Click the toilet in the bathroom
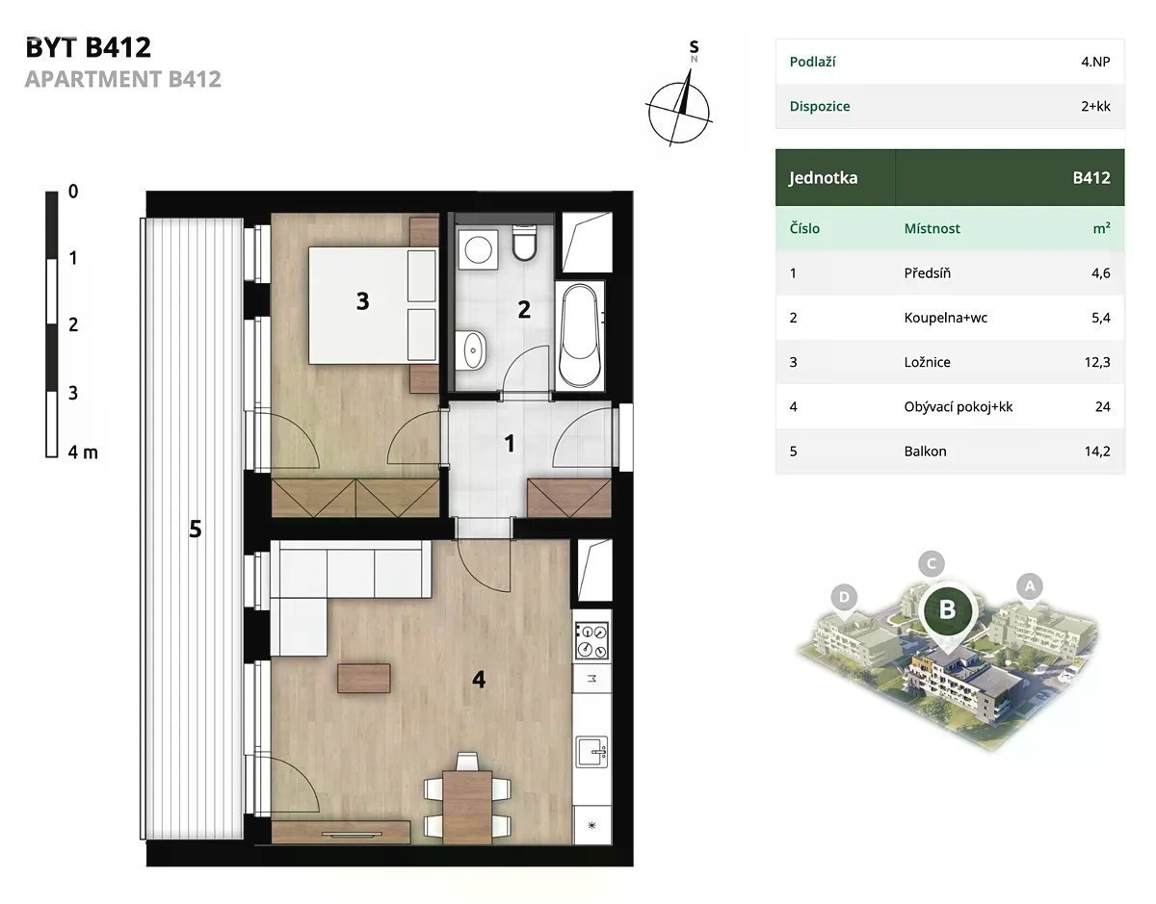(525, 243)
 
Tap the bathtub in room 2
(580, 335)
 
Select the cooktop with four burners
(591, 641)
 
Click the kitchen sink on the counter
(591, 752)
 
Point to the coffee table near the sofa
(364, 678)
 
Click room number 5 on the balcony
(196, 529)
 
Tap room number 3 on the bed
(363, 301)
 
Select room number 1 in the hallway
(510, 443)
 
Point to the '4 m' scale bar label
(83, 452)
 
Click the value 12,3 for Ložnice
(1097, 362)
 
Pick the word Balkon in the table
(925, 452)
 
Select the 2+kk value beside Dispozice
(1095, 106)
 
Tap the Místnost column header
(933, 228)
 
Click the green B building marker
(947, 611)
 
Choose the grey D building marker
(844, 599)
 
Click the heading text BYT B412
(89, 47)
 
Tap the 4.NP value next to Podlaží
(1095, 62)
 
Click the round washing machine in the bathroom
(478, 249)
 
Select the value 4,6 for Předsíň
(1101, 273)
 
